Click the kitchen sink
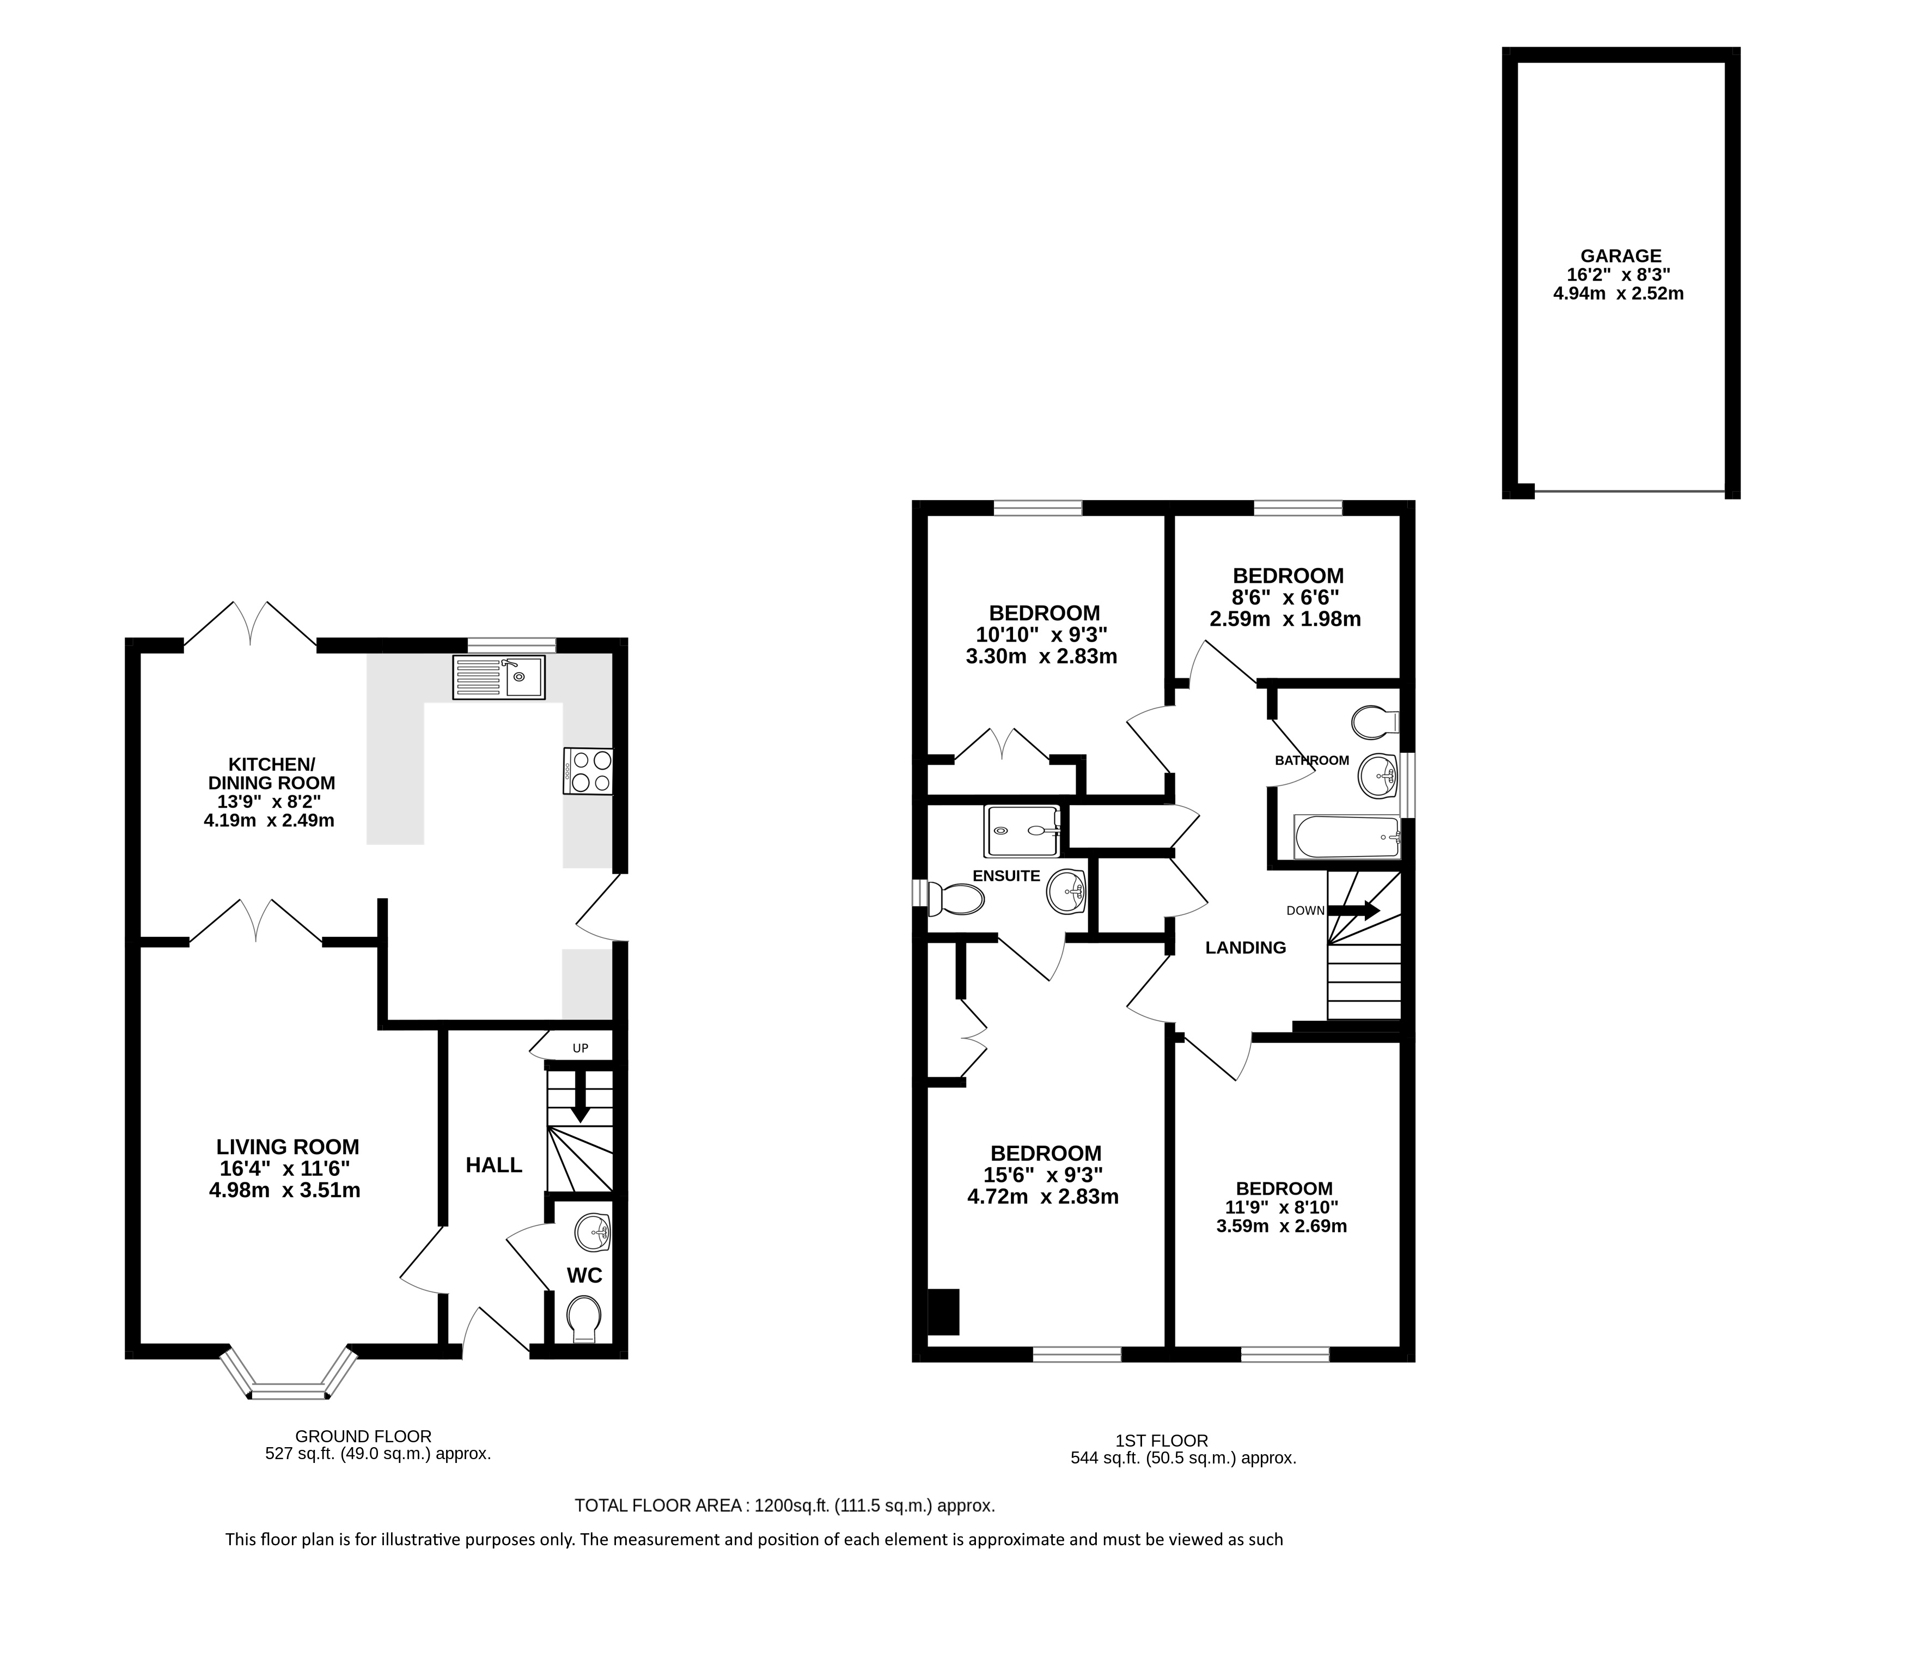(x=499, y=678)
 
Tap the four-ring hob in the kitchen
(x=588, y=772)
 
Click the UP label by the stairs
(x=580, y=1048)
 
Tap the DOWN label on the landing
(x=1305, y=910)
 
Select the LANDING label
(x=1246, y=947)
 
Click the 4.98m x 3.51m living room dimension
(x=285, y=1190)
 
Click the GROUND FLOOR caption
(x=363, y=1436)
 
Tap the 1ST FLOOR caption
(x=1162, y=1441)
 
